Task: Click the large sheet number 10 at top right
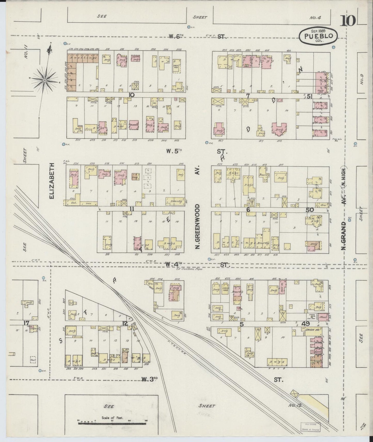(348, 21)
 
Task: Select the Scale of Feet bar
(112, 423)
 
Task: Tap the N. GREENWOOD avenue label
(197, 226)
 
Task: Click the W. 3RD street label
(149, 379)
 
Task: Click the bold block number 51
(310, 96)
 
